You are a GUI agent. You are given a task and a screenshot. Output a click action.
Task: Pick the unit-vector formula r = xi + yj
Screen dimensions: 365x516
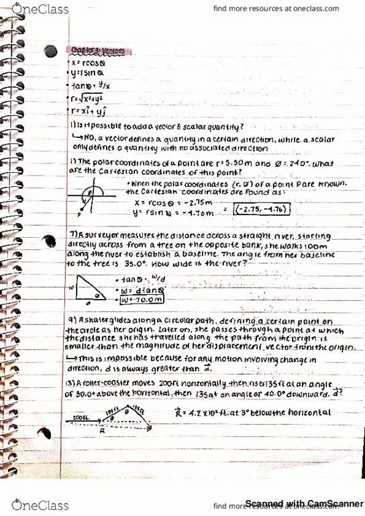(89, 108)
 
